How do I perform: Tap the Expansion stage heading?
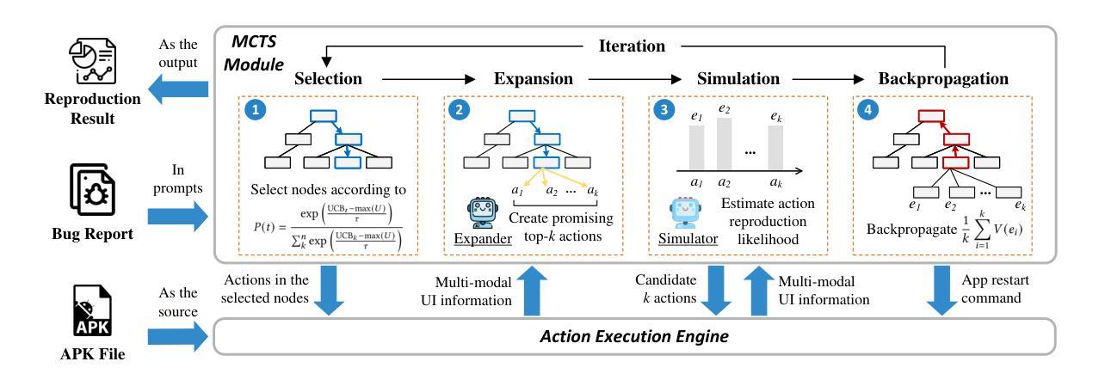pos(534,79)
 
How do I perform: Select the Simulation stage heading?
pos(739,79)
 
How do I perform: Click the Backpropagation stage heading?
pos(945,79)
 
